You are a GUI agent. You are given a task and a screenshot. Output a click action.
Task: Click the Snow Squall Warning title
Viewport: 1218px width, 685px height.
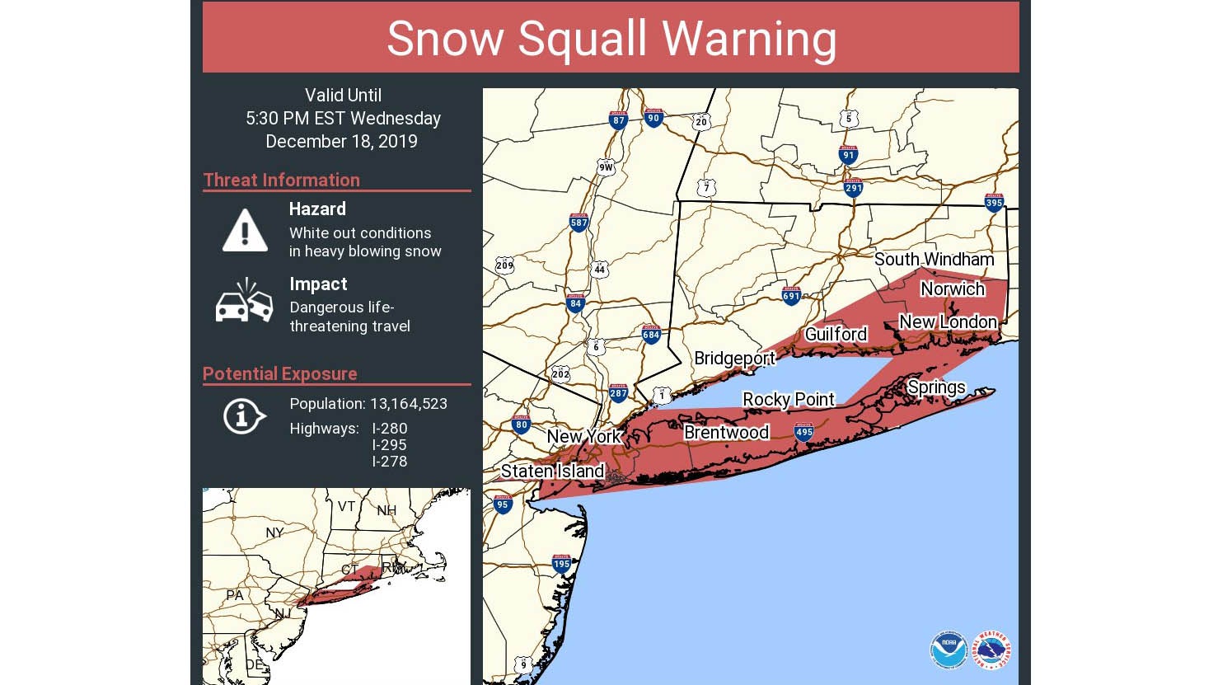click(611, 39)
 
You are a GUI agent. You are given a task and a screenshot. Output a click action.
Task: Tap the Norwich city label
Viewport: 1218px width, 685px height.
click(953, 289)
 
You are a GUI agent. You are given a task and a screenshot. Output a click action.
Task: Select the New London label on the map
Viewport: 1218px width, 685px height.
click(948, 322)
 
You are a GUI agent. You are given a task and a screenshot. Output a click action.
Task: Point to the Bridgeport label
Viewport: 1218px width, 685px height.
click(734, 359)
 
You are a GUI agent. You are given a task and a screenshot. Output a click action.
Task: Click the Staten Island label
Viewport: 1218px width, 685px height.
click(552, 472)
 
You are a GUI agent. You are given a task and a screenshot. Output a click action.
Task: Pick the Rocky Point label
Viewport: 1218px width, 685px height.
click(789, 400)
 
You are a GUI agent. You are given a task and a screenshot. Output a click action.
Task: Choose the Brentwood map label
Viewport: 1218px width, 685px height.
click(726, 433)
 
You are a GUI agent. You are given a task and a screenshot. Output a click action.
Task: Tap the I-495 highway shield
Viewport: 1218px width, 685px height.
click(803, 432)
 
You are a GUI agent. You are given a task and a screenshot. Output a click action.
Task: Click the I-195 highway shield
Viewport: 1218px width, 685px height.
click(561, 564)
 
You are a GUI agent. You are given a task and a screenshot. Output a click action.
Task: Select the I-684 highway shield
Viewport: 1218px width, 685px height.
click(651, 334)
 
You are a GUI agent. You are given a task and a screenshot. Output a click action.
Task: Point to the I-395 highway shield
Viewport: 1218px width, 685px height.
click(994, 202)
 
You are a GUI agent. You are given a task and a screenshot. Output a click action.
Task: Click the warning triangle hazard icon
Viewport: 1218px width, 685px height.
click(245, 230)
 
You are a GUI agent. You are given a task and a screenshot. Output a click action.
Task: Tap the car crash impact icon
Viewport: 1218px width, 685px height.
click(244, 302)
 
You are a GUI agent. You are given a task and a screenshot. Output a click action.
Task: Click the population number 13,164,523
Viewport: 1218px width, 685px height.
click(409, 404)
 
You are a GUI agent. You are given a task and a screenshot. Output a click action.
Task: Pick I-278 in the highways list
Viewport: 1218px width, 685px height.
click(389, 462)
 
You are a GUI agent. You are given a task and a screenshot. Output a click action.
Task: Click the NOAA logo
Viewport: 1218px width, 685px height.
click(949, 650)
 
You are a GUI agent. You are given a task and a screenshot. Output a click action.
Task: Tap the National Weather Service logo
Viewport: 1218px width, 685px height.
click(991, 650)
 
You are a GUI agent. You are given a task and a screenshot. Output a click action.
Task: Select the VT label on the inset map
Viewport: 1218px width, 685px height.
click(346, 506)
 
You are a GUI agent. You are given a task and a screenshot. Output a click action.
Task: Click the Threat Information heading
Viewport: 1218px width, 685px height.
click(282, 180)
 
